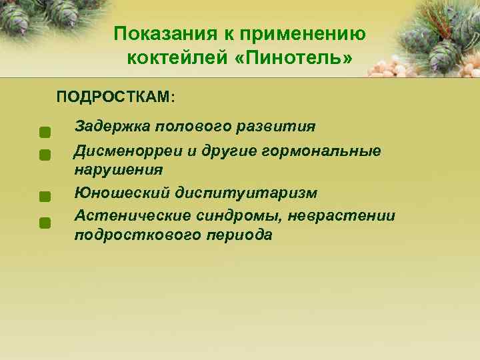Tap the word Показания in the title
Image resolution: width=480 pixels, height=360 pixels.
pos(157,33)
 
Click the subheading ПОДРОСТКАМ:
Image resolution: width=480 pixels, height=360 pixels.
pos(116,97)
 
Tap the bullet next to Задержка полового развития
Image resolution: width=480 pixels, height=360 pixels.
pos(45,131)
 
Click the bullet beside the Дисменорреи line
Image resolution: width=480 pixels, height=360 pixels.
pos(45,155)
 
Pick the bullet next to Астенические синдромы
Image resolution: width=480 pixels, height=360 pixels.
pos(45,222)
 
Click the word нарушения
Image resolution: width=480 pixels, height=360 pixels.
pos(118,170)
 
